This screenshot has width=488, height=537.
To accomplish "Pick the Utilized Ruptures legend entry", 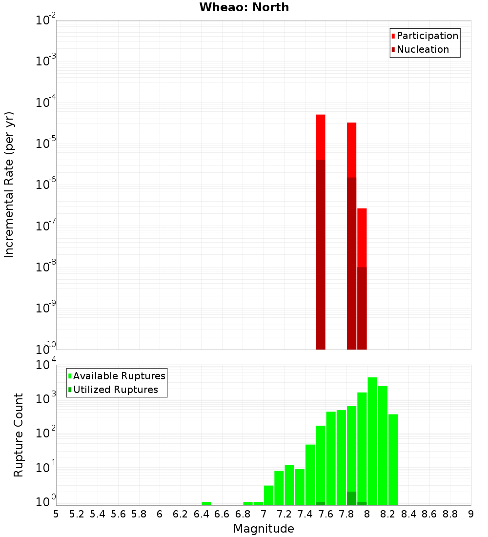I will [x=115, y=390].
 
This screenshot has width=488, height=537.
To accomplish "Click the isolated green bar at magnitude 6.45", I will [x=206, y=503].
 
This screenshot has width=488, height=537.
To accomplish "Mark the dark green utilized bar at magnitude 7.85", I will [x=352, y=498].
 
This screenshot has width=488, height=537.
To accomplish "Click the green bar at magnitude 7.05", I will [x=269, y=495].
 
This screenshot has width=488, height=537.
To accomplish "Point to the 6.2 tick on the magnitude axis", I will [x=180, y=514].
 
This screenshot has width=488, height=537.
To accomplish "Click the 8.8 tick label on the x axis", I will [x=450, y=514].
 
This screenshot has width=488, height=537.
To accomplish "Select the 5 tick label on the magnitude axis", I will [x=56, y=514].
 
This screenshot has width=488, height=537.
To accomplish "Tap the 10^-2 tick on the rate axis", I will [x=46, y=21].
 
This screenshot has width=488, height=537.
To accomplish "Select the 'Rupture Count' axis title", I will [x=19, y=435].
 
